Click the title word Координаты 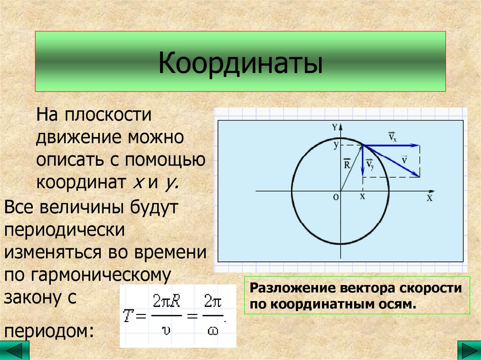(x=240, y=64)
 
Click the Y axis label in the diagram (x=334, y=127)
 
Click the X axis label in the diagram (x=429, y=198)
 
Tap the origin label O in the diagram (x=335, y=198)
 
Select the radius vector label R (x=347, y=164)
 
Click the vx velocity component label (x=392, y=137)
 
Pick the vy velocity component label (x=370, y=165)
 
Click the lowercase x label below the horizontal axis (x=362, y=197)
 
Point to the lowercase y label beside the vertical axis (x=336, y=145)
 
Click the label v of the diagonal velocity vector (x=404, y=160)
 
